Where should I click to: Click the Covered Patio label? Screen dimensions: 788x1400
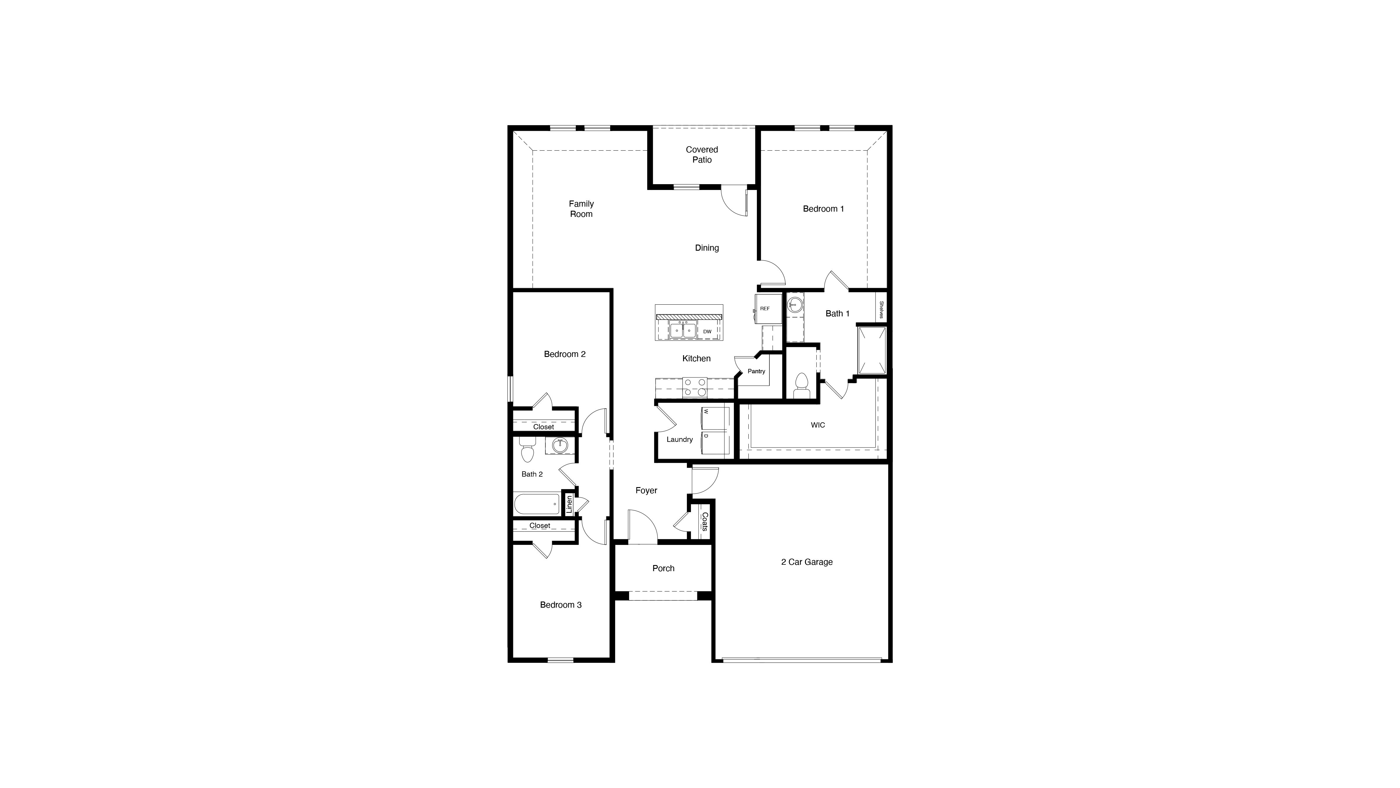tap(702, 154)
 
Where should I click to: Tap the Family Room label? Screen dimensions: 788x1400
tap(581, 209)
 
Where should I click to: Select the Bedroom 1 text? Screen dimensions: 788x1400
tap(823, 209)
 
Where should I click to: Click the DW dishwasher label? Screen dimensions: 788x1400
tap(707, 331)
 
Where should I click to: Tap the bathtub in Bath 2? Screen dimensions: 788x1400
tap(537, 503)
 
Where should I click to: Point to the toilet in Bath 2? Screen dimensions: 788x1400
tap(527, 451)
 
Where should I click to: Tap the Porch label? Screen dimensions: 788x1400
tap(663, 568)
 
